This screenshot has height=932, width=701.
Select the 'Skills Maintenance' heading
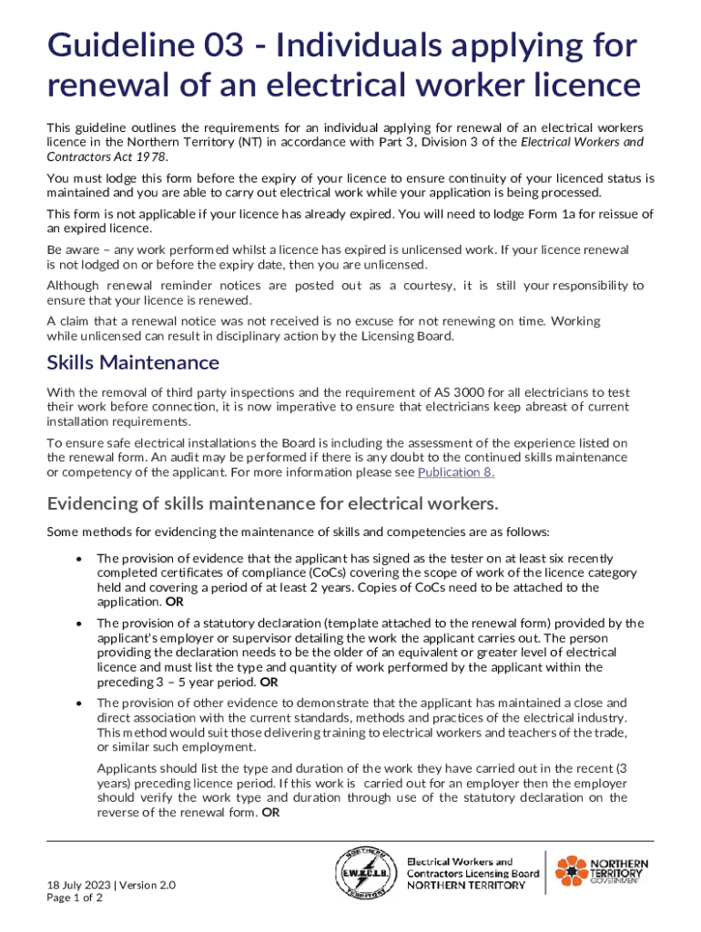(x=133, y=362)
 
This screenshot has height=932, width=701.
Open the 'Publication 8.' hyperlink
(x=455, y=471)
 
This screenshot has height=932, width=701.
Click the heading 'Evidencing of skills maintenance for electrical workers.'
(x=272, y=503)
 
